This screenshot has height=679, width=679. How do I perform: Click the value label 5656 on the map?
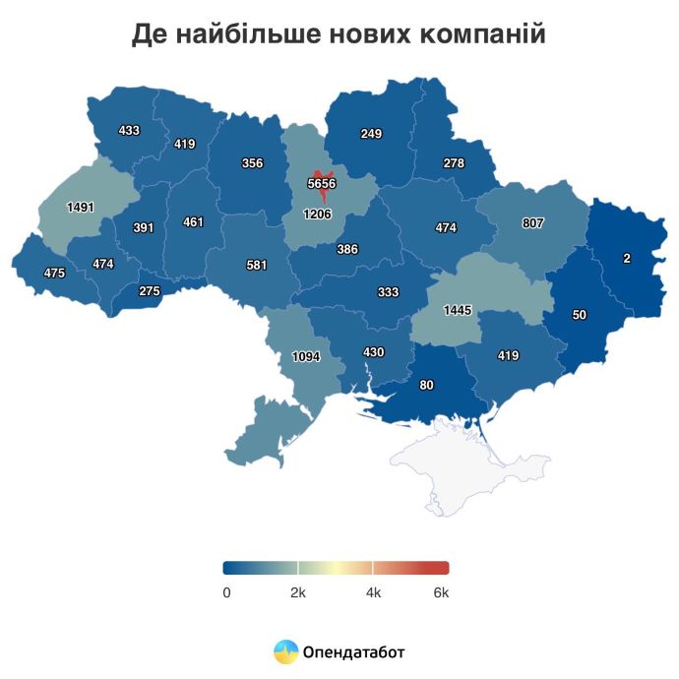tap(322, 183)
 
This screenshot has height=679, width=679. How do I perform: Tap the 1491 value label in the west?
tap(82, 208)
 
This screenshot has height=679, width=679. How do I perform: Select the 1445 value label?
tap(458, 310)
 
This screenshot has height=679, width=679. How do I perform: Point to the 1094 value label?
tap(306, 357)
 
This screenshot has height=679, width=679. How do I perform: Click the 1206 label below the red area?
tap(317, 214)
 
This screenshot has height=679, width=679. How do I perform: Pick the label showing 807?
tap(532, 223)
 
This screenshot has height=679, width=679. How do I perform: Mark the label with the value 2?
tap(627, 259)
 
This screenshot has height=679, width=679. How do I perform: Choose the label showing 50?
tap(580, 314)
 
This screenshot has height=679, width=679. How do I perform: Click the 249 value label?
tap(371, 134)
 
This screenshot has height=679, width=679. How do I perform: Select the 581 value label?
tap(257, 265)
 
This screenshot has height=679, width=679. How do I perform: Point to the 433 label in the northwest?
tap(129, 130)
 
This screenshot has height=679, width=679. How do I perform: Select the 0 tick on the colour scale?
tap(226, 592)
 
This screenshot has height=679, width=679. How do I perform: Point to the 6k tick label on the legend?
tap(441, 592)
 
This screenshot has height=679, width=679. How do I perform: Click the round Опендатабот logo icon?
tap(285, 651)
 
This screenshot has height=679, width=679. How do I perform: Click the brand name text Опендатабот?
tap(354, 651)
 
